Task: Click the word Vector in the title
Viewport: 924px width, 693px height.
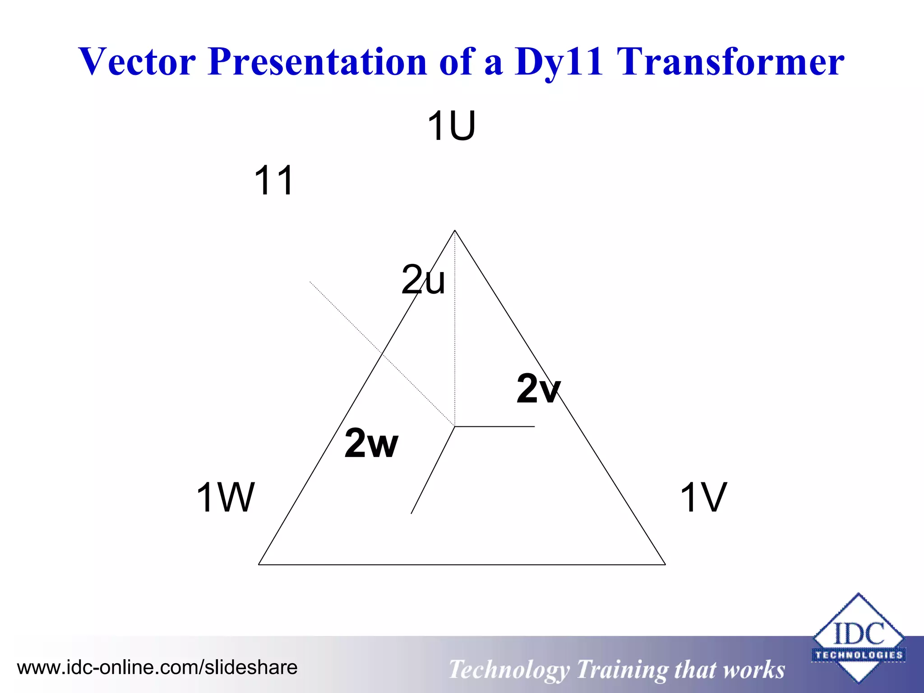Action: click(x=137, y=62)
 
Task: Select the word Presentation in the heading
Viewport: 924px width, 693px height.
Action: click(x=317, y=62)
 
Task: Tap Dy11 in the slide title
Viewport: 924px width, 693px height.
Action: click(x=558, y=62)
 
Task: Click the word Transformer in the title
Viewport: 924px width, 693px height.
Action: click(x=730, y=62)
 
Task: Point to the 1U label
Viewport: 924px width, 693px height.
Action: click(x=451, y=126)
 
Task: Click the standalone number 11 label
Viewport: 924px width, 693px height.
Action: click(x=274, y=180)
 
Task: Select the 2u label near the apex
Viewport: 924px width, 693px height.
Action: click(x=423, y=280)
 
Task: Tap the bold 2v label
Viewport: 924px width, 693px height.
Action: click(x=538, y=388)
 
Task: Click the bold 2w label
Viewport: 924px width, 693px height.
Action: click(x=371, y=443)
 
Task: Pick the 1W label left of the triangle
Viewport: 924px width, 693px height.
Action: click(x=225, y=497)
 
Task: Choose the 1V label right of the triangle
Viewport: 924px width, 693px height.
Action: click(x=703, y=497)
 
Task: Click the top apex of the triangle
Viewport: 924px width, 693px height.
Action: click(x=455, y=231)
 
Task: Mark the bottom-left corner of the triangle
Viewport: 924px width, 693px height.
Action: click(x=259, y=564)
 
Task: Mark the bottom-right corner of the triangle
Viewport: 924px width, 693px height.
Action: click(x=665, y=564)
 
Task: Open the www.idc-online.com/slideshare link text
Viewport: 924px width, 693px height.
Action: click(x=157, y=667)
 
